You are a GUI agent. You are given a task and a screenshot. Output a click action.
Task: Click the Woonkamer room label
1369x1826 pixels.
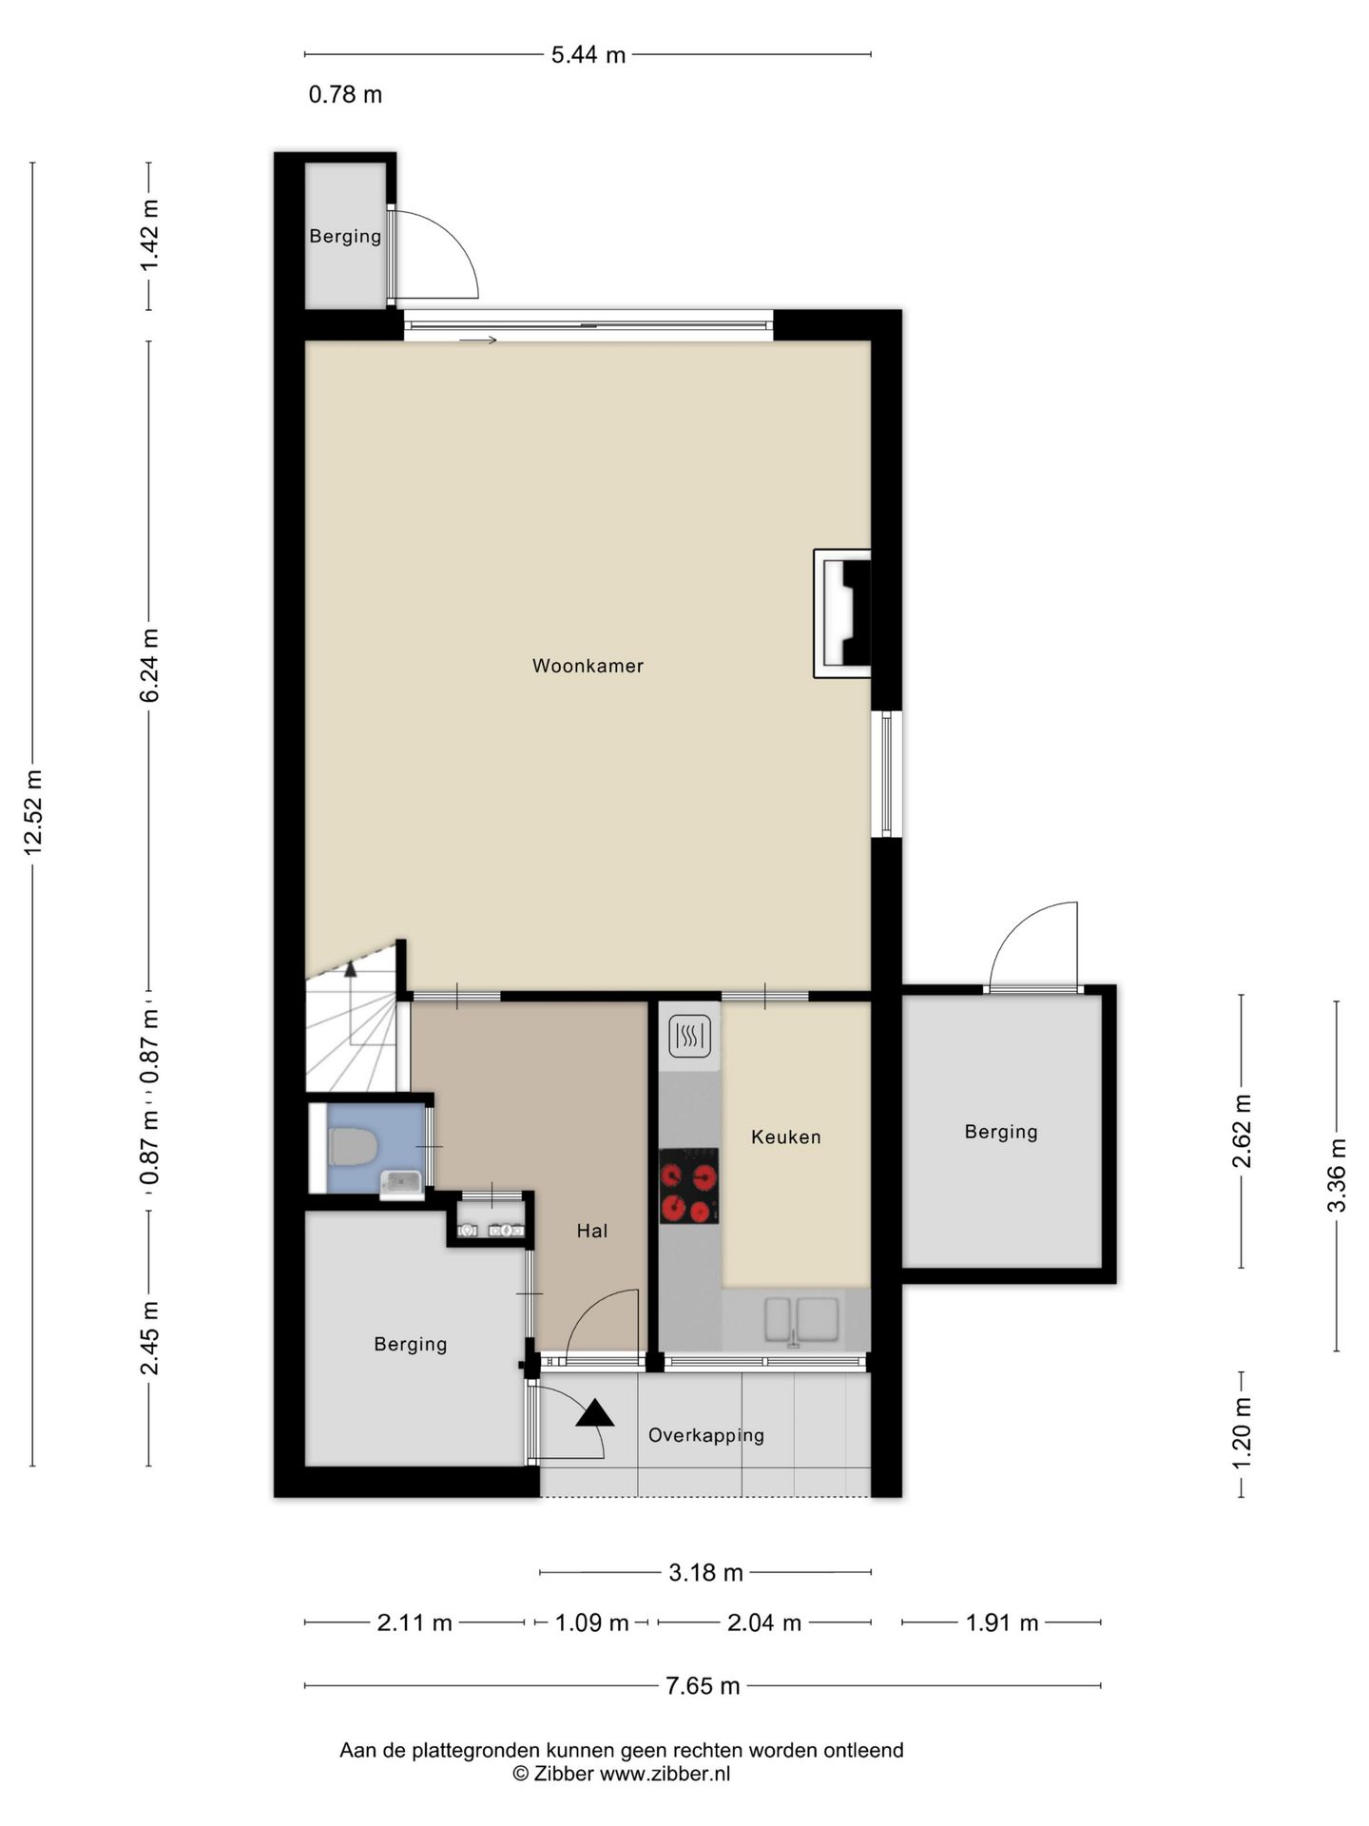588,667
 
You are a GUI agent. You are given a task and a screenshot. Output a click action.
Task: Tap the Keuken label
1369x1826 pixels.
786,1136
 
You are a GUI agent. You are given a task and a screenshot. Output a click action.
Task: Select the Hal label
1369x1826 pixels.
592,1231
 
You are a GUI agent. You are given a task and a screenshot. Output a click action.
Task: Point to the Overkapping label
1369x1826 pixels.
706,1435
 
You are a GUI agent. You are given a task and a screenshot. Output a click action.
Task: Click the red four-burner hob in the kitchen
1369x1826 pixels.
689,1185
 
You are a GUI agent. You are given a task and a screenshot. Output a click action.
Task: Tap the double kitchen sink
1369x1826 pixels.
801,1319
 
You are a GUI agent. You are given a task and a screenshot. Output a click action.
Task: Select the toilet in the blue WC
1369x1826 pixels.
353,1146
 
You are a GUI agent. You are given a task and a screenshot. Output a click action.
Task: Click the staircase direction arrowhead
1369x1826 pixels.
350,969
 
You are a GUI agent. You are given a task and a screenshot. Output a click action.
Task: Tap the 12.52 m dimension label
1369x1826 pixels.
34,813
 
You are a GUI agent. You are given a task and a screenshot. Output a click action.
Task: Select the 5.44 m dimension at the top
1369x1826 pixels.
588,55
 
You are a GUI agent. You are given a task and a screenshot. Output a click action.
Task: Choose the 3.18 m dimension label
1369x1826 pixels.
705,1573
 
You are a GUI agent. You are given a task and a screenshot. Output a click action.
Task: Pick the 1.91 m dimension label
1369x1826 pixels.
1002,1622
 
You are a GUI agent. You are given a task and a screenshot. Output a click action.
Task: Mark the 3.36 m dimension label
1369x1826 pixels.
1337,1175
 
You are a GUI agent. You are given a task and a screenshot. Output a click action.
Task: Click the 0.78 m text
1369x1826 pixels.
346,94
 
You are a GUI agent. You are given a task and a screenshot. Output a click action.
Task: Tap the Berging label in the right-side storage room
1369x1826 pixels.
1001,1132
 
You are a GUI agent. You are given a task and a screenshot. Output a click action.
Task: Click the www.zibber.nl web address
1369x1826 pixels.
665,1773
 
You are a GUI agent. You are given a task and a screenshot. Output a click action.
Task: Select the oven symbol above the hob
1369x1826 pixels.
690,1037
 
